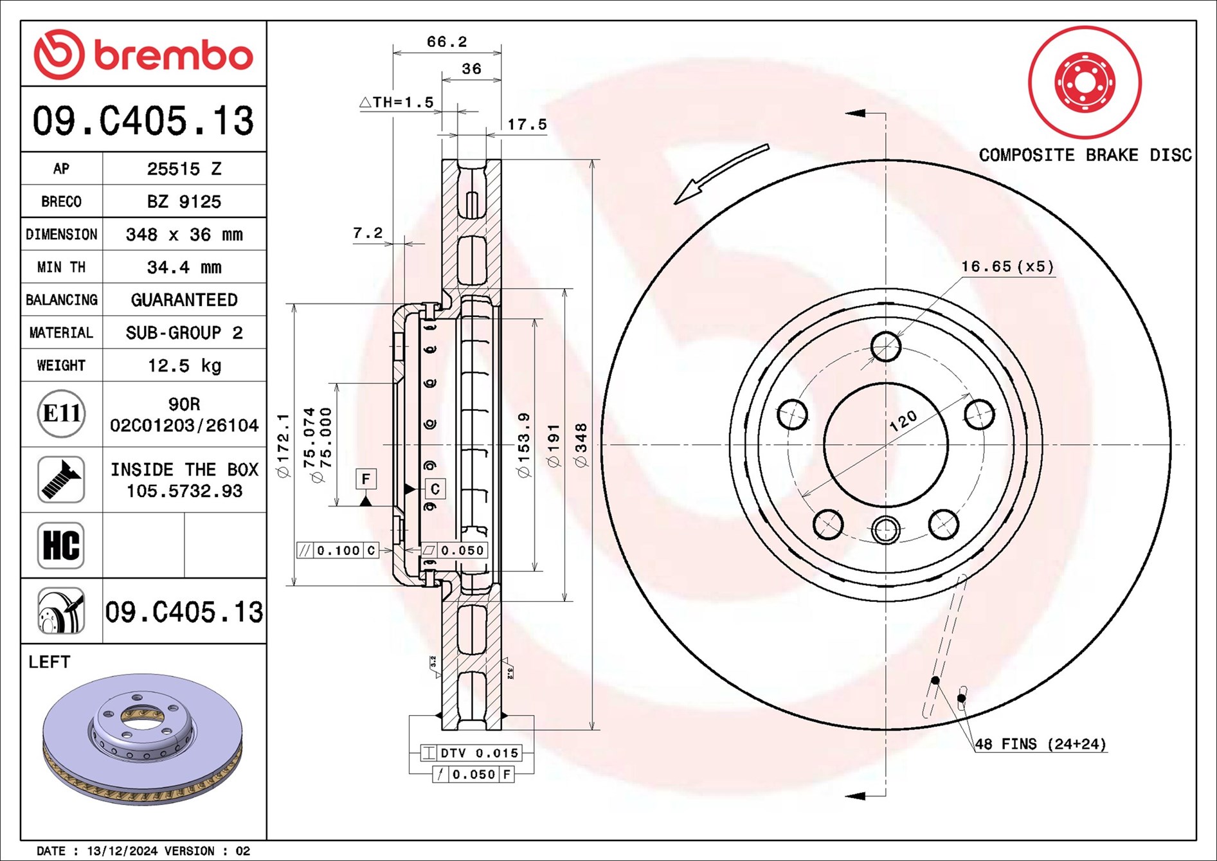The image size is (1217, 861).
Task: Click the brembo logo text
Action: point(174,56)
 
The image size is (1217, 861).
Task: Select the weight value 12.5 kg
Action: point(185,366)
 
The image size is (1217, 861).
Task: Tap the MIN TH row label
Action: point(61,267)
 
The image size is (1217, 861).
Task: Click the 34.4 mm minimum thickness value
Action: point(185,267)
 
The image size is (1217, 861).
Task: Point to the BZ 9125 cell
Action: point(185,201)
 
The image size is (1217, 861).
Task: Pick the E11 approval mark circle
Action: point(62,413)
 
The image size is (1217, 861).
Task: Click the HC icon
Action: point(61,545)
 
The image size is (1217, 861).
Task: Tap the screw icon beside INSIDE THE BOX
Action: point(61,480)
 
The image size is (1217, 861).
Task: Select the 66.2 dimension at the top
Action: point(447,42)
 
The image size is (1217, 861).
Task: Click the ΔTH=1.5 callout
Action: point(397,102)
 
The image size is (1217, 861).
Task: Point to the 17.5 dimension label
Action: point(527,124)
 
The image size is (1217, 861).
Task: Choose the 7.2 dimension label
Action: point(368,233)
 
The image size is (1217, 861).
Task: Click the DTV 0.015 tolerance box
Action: point(471,753)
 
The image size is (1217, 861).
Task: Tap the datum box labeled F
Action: point(366,479)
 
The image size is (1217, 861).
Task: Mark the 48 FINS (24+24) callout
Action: point(1041,744)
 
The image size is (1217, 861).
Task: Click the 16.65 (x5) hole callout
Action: point(1007,266)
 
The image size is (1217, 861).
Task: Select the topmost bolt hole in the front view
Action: point(886,347)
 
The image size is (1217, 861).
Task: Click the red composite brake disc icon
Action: point(1085,82)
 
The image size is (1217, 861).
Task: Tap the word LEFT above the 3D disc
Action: point(49,662)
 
